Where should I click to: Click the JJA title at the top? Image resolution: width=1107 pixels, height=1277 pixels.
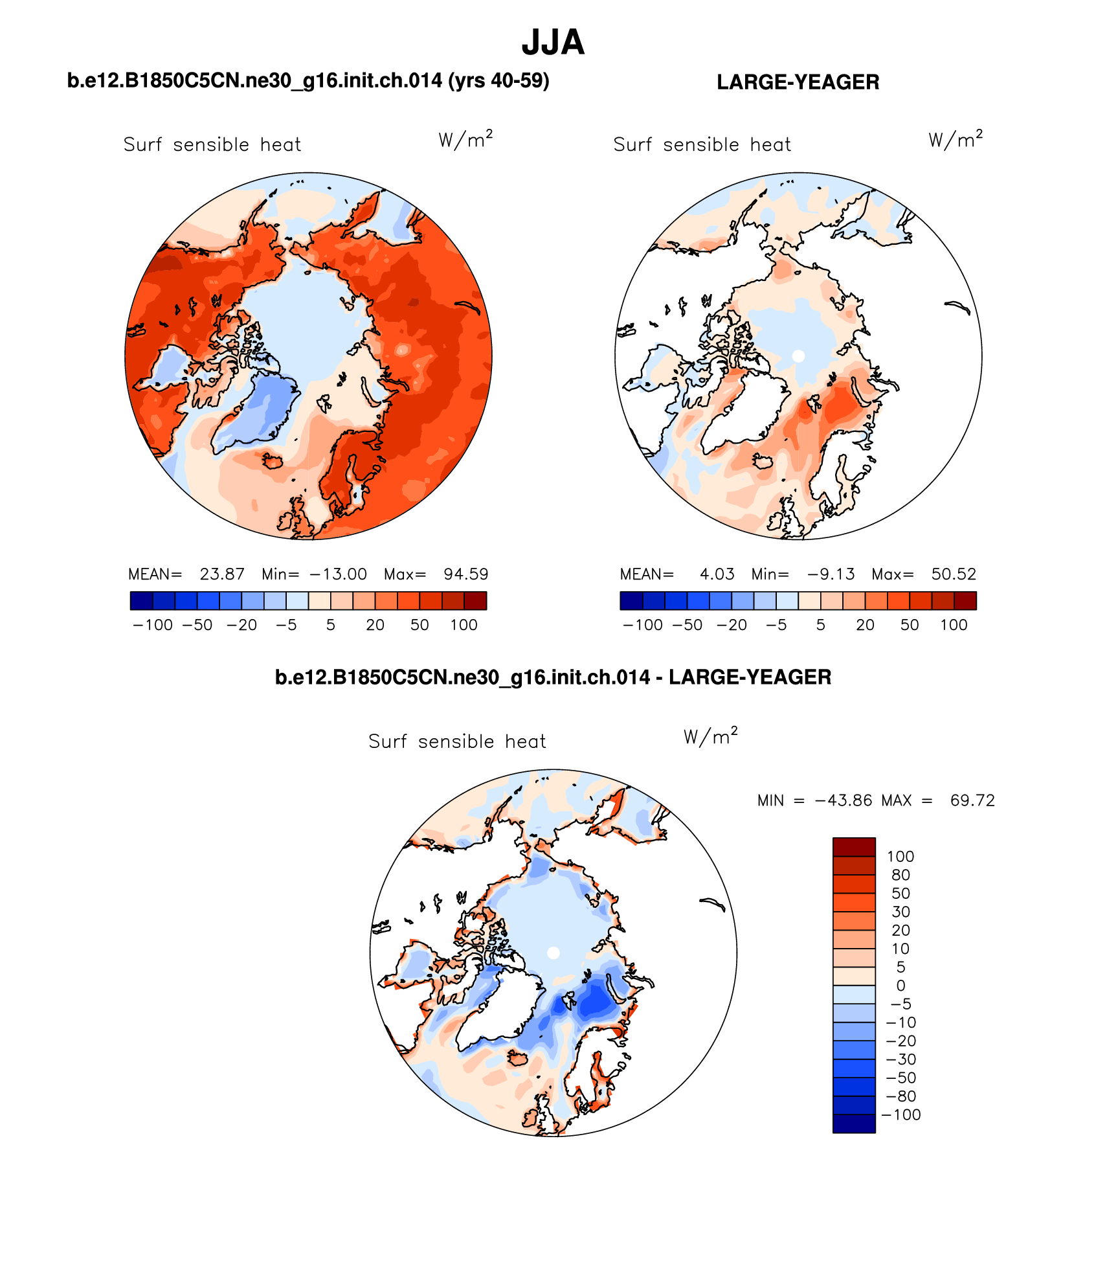[553, 43]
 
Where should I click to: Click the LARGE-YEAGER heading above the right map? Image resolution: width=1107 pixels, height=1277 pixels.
[798, 82]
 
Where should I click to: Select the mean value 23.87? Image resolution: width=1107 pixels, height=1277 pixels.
[222, 574]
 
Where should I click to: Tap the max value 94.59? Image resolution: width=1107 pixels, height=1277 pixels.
[465, 574]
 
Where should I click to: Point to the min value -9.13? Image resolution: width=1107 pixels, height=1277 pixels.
[831, 574]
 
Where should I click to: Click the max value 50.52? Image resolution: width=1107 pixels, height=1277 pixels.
[954, 574]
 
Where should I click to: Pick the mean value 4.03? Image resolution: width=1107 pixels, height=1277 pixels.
[717, 574]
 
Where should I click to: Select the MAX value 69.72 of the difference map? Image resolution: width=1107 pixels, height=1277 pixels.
[972, 800]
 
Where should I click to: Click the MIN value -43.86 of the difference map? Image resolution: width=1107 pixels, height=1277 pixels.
[844, 800]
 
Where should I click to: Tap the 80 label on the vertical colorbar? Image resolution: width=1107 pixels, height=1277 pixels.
[900, 875]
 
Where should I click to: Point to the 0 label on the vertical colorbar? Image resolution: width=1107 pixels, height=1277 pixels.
[900, 986]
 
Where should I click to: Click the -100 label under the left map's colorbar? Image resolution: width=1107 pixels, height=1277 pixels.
[153, 625]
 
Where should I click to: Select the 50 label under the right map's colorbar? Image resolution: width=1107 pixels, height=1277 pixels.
[910, 625]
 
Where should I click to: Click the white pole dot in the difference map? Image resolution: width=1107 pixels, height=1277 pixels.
[553, 953]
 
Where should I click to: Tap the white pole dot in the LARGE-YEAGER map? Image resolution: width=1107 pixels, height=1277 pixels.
[798, 356]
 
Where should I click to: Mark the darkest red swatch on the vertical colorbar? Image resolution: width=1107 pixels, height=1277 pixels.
[854, 847]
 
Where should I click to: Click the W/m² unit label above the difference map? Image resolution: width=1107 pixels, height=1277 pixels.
[710, 737]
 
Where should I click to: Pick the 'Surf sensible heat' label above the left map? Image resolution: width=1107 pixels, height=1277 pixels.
[212, 144]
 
